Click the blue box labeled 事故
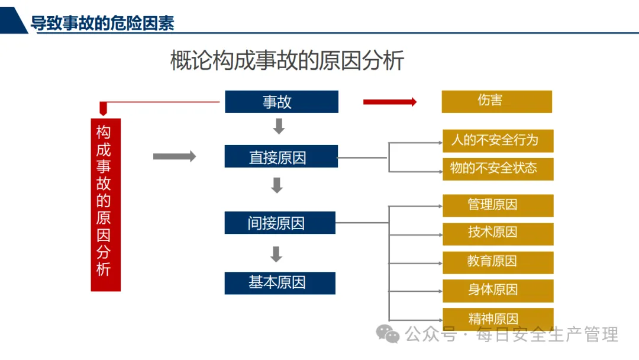pos(281,102)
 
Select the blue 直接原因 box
pos(281,157)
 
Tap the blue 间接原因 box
pos(279,223)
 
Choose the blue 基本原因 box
pos(279,282)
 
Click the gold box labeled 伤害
pos(496,101)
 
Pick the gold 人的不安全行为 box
pos(498,141)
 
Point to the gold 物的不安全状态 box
pos(498,169)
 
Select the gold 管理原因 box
pos(498,205)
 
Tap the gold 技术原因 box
pos(498,233)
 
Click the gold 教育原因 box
pos(498,262)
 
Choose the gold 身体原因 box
pos(498,290)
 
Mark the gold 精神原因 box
pos(498,319)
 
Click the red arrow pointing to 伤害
pos(390,102)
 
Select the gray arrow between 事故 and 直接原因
pos(279,126)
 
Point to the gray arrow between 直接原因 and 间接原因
pos(277,185)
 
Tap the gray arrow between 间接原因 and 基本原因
pos(276,254)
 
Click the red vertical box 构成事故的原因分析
pos(105,204)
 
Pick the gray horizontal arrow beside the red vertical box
pos(174,156)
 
